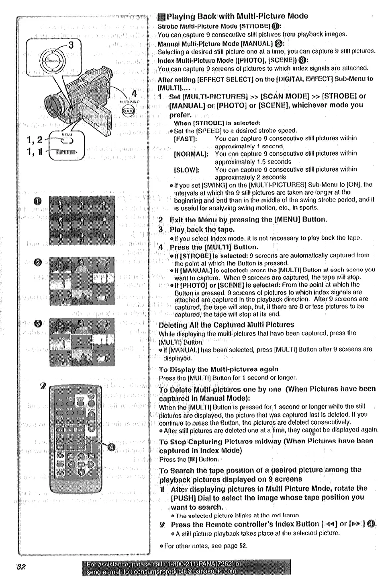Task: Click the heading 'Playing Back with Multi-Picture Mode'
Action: [x=237, y=16]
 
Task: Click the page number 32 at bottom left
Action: [x=21, y=567]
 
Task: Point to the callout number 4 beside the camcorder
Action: [x=134, y=94]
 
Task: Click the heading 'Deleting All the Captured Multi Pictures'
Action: [x=227, y=325]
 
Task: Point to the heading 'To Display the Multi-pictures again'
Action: [x=218, y=369]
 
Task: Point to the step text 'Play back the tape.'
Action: [x=202, y=230]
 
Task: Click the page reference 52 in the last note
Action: [x=243, y=546]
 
